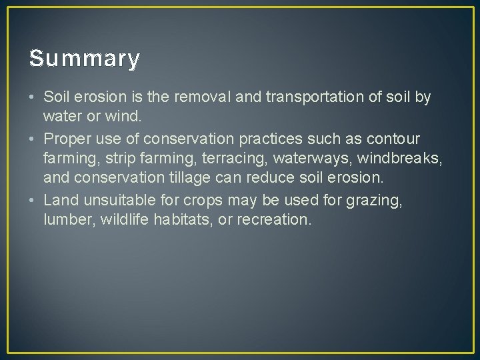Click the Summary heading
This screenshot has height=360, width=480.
click(85, 59)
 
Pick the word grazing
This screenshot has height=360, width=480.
click(376, 199)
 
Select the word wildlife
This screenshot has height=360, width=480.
click(125, 219)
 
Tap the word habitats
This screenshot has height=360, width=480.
click(190, 219)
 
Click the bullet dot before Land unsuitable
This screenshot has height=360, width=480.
click(33, 199)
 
